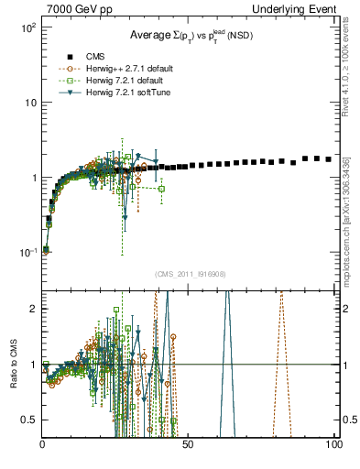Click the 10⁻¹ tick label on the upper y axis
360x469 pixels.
(27, 252)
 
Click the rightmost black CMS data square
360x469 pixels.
(329, 159)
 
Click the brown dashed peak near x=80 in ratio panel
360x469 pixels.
(282, 298)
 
